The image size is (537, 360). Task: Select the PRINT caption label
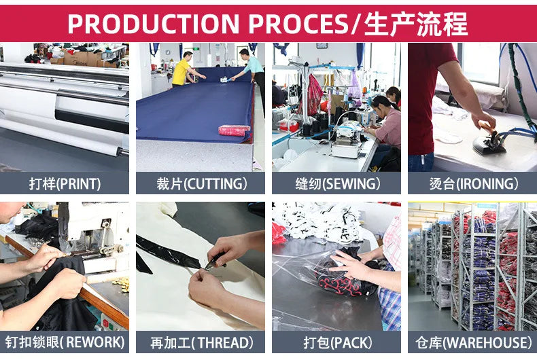coord(65,183)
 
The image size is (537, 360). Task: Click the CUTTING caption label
coord(201,183)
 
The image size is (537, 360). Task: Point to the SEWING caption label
coord(337,183)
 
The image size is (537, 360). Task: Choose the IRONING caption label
coord(473,183)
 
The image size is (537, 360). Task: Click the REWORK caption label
coord(65,342)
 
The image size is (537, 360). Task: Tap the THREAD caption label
coord(201,342)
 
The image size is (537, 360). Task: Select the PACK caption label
coord(337,342)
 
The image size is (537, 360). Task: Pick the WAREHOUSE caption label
coord(473,342)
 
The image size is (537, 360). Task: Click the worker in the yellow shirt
coord(181,69)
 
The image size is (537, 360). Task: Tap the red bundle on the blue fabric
coord(234,130)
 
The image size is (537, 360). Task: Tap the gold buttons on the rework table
coord(121,284)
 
